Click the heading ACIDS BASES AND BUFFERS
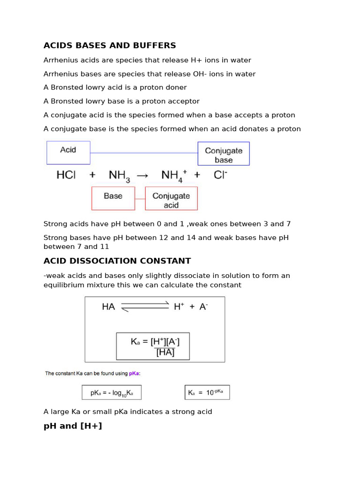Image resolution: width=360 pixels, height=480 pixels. coord(110,45)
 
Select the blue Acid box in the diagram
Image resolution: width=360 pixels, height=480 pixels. coord(68,152)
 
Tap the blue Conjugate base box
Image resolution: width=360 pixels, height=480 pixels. coord(224,154)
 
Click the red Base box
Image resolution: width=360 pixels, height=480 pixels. coord(113,198)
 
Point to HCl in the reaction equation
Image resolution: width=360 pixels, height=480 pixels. coord(66,175)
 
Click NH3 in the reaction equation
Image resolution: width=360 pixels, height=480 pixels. coord(119,176)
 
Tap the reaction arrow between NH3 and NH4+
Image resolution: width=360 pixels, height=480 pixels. coord(143,175)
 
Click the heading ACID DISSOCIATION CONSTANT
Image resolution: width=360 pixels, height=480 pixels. coord(117,261)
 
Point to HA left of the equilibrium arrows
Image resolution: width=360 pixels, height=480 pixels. coord(108,307)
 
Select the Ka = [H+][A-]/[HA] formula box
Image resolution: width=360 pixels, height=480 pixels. coord(153,346)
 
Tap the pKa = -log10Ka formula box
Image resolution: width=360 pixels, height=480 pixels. coord(112,392)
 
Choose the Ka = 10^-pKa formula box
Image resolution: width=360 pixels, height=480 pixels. coord(207,392)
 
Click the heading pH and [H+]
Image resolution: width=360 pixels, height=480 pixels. coord(73,426)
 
